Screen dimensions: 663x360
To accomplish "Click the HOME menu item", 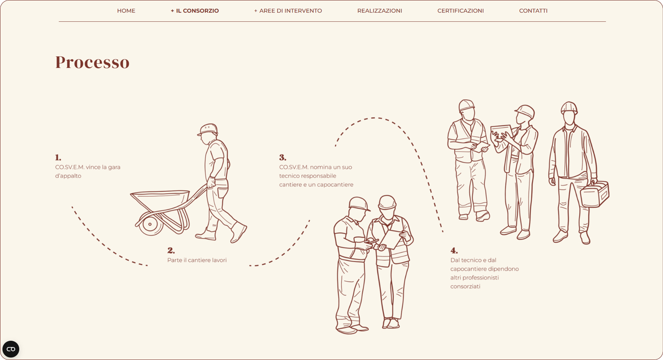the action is pos(126,11).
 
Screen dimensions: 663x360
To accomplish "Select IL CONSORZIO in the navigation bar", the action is pos(195,11).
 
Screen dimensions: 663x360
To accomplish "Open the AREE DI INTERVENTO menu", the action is pos(288,11).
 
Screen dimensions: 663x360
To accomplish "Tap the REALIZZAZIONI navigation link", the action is pos(379,11).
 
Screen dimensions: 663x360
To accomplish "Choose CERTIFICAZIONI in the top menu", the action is pos(461,11).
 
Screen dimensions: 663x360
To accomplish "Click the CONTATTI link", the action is pos(533,11).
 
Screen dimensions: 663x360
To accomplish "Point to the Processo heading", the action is pos(92,62).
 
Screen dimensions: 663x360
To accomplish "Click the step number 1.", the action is pos(58,157).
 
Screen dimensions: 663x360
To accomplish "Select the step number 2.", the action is pos(171,251).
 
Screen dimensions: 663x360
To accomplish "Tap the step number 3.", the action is pos(283,157).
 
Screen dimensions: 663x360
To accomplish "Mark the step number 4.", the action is pos(454,251).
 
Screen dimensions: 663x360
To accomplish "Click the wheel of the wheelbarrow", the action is pos(151,224).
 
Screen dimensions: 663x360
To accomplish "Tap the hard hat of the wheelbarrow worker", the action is pos(208,130).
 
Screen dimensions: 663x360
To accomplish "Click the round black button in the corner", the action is pos(11,349).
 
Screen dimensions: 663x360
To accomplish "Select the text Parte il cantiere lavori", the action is pos(197,260).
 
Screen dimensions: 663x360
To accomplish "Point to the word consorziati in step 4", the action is pos(465,286).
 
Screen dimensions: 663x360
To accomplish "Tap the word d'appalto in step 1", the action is pos(68,176).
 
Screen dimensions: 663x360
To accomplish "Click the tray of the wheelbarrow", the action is pos(160,200).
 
